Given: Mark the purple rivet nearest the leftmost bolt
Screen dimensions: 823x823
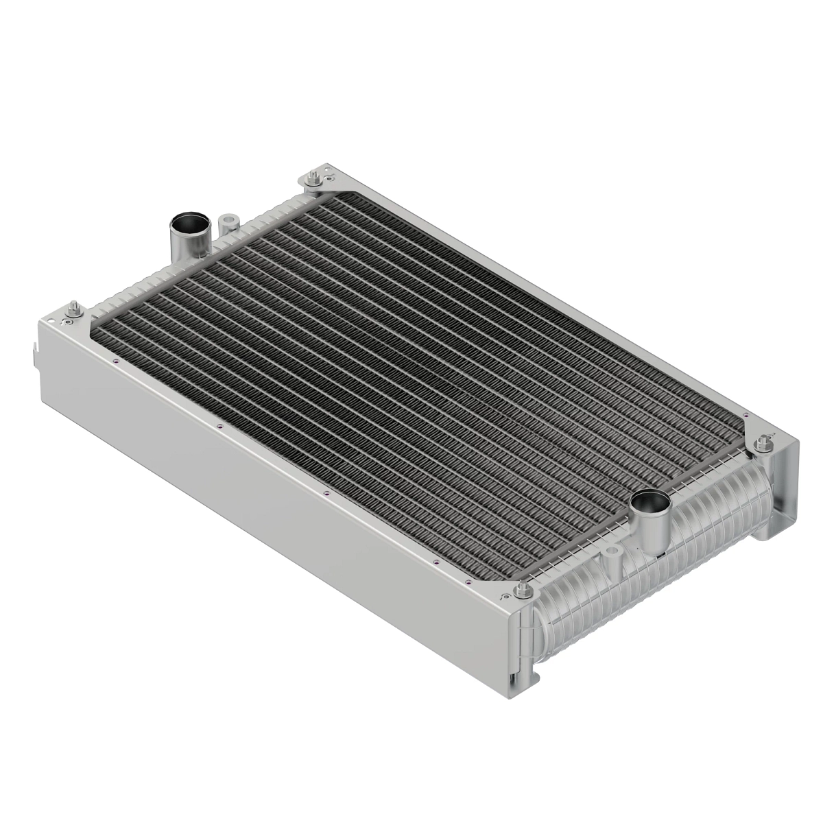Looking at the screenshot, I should coord(117,361).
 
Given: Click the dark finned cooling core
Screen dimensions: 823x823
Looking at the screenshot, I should coord(411,370).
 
